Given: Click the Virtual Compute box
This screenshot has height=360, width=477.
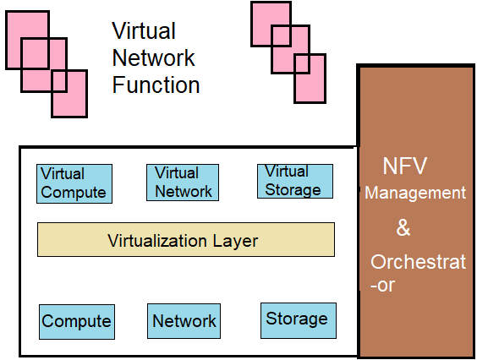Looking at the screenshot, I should pyautogui.click(x=74, y=183).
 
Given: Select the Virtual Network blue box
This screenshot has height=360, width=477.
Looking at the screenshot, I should pyautogui.click(x=184, y=182).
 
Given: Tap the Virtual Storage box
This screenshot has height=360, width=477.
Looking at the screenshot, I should pyautogui.click(x=294, y=181).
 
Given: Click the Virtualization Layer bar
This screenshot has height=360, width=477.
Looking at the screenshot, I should pyautogui.click(x=186, y=240).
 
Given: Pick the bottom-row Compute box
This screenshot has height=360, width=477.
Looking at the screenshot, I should pyautogui.click(x=77, y=321).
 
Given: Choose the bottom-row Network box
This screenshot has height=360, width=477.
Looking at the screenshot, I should pyautogui.click(x=184, y=321).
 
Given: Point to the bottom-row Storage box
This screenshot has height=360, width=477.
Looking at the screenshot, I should pyautogui.click(x=298, y=319).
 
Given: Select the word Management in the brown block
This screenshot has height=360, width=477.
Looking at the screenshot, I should pyautogui.click(x=415, y=194).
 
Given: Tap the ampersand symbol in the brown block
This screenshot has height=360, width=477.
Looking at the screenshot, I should pyautogui.click(x=403, y=228).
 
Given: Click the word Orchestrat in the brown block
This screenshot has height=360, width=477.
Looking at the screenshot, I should pyautogui.click(x=418, y=262).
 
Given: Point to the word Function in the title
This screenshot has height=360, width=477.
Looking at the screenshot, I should pyautogui.click(x=156, y=85).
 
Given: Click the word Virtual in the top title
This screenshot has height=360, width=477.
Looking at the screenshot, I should pyautogui.click(x=144, y=31).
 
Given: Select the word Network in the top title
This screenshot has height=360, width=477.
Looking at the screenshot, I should pyautogui.click(x=153, y=58).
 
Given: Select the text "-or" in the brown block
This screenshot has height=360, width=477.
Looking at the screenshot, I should pyautogui.click(x=382, y=286).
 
